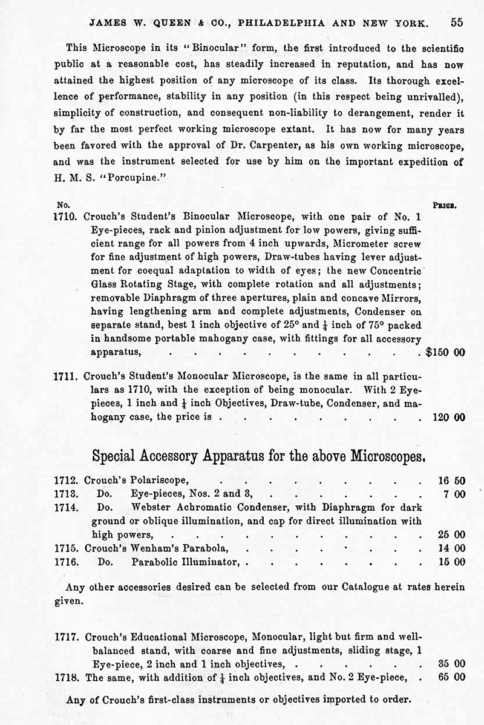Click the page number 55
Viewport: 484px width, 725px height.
click(457, 22)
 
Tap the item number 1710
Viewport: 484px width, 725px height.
click(65, 216)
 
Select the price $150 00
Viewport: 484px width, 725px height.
click(445, 352)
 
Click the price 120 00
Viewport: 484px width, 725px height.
click(450, 417)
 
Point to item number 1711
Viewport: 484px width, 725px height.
click(65, 375)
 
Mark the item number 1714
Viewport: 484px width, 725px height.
click(65, 508)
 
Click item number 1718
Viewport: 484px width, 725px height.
click(65, 677)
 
